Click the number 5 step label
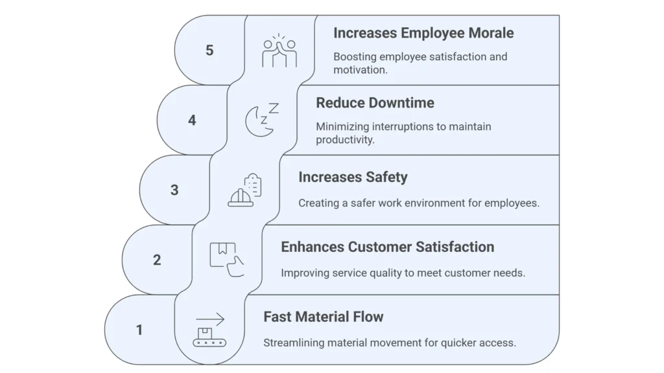coord(209,50)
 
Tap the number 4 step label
coord(192,120)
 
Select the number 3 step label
coord(174,190)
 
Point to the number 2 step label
coord(157,260)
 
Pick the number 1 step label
coord(139,330)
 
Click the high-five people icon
coord(279,51)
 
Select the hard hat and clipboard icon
coord(244,190)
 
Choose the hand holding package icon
coord(226,259)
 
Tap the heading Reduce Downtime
coord(375,103)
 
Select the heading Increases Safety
coord(353,177)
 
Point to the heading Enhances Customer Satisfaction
coord(387,247)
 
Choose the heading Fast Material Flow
coord(323,317)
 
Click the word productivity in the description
coord(345,140)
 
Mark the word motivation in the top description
coord(360,70)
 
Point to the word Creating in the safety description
coord(316,203)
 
